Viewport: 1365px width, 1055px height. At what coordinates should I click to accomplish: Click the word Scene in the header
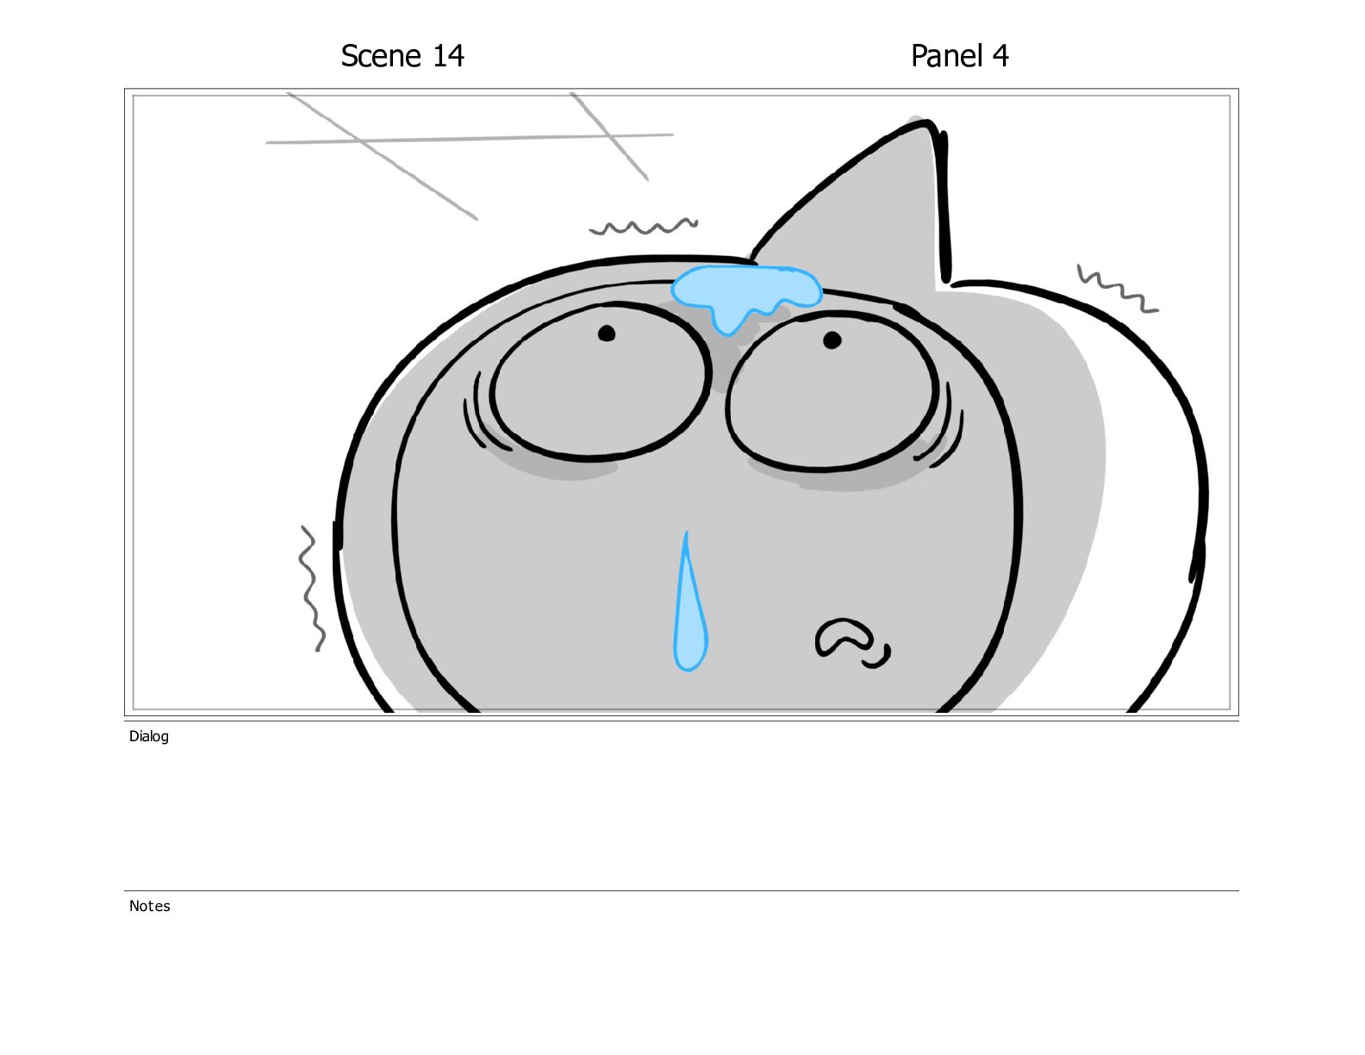coord(381,56)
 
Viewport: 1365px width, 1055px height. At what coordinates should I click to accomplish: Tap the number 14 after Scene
coord(448,56)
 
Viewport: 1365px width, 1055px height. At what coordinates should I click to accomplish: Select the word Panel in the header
coord(947,56)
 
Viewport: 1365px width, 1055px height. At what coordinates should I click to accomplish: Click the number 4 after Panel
coord(1000,56)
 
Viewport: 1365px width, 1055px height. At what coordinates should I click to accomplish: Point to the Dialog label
coord(149,736)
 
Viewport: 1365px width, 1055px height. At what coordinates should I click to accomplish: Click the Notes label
coord(149,906)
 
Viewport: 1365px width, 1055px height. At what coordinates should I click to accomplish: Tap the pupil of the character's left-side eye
coord(606,333)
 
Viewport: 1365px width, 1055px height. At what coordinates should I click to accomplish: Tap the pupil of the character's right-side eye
coord(832,340)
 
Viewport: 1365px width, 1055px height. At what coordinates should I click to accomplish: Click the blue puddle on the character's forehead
coord(746,289)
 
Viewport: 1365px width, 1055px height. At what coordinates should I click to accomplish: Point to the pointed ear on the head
coord(880,201)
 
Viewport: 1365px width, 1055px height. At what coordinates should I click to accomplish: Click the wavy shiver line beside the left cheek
coord(309,588)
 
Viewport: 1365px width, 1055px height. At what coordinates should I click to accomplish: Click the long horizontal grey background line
coord(470,138)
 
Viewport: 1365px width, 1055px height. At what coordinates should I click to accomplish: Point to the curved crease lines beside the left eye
coord(477,411)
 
